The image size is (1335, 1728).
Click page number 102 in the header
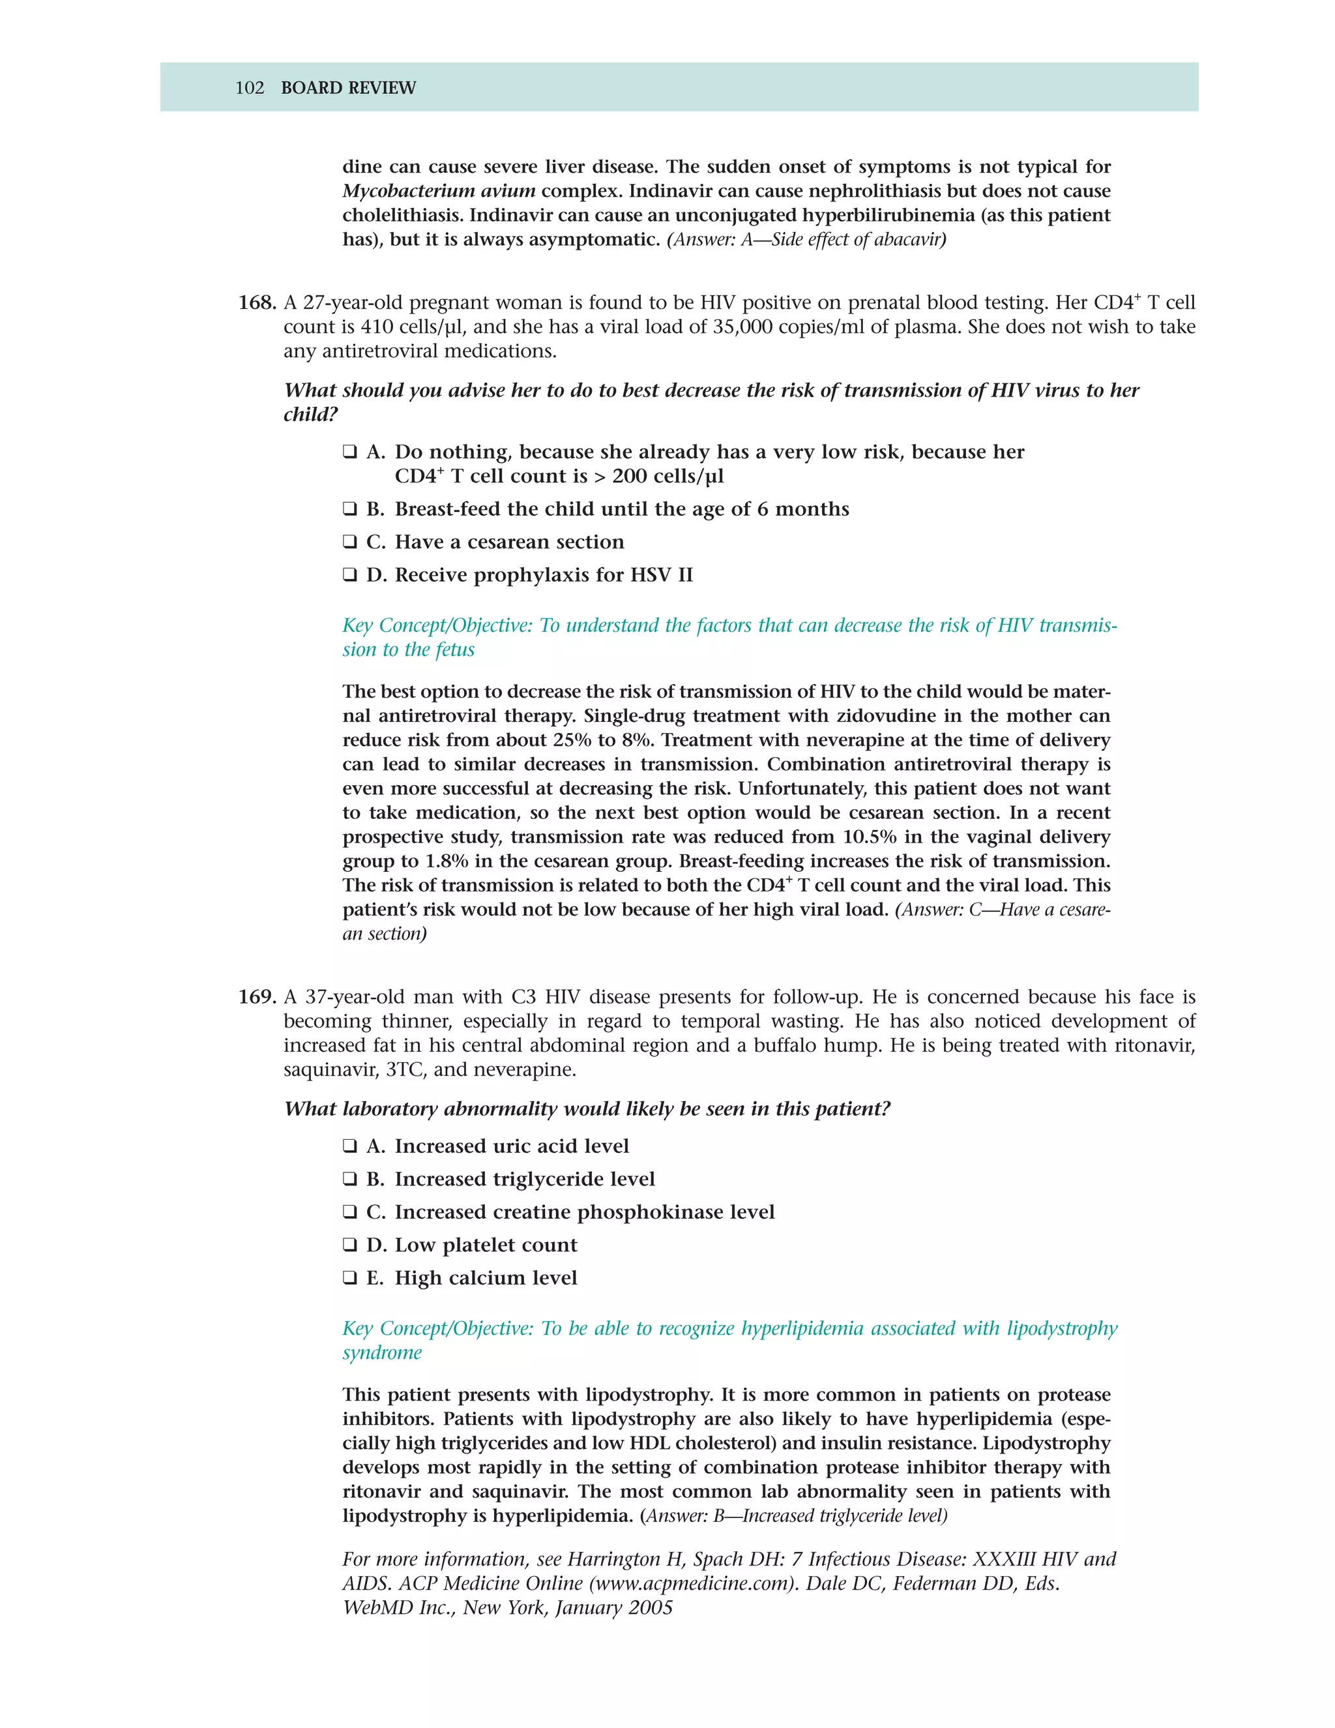tap(249, 88)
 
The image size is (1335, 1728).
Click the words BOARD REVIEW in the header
tap(348, 88)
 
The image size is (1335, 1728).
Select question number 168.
tap(257, 303)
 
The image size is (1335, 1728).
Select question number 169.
tap(257, 997)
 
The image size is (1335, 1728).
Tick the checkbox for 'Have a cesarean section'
tap(349, 542)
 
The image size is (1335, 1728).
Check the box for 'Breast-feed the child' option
tap(349, 509)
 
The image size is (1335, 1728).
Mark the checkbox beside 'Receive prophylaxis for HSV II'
tap(349, 575)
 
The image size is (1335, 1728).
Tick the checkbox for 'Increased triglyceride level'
tap(349, 1179)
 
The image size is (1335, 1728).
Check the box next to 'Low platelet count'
tap(349, 1245)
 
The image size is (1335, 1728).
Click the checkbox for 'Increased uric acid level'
tap(349, 1146)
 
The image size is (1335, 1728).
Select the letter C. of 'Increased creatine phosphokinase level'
tap(375, 1212)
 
